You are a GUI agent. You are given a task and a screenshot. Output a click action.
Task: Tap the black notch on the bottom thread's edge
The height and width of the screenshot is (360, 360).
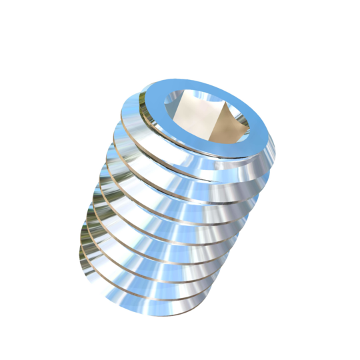(x=175, y=306)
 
